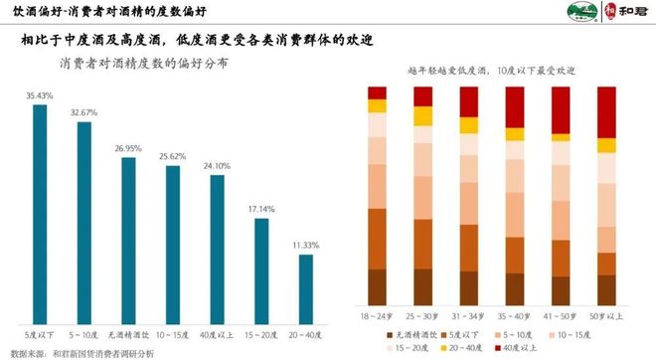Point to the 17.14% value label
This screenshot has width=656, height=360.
[x=261, y=210]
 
